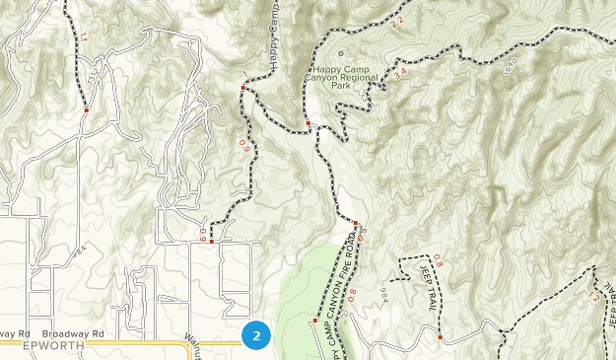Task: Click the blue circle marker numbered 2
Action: (256, 335)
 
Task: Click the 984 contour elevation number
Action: (384, 293)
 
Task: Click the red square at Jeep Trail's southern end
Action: (441, 337)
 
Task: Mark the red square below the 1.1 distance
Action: (87, 110)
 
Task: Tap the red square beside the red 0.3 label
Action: (355, 224)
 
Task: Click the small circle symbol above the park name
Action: (342, 54)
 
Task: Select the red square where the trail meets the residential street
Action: (211, 241)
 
